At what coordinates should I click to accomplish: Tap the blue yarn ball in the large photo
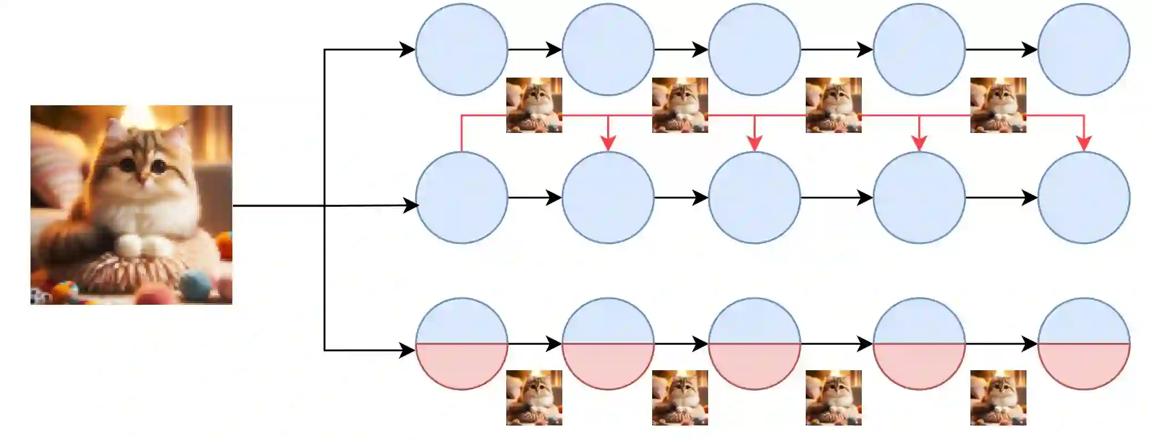click(196, 284)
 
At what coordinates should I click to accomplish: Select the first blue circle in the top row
click(461, 49)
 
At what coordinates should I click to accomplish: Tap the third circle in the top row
click(754, 49)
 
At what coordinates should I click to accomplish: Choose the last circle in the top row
click(1084, 49)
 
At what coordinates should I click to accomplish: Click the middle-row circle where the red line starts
click(461, 197)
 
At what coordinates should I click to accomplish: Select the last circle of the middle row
click(1084, 197)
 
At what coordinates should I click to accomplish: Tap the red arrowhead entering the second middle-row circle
click(608, 144)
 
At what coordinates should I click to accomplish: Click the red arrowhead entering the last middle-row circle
click(1084, 144)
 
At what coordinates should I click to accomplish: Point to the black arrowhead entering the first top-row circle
click(408, 50)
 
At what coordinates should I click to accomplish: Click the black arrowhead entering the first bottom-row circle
click(408, 350)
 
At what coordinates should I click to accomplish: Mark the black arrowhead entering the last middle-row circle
click(1030, 198)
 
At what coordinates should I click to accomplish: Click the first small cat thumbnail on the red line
click(534, 105)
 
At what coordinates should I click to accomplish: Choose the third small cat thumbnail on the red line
click(833, 105)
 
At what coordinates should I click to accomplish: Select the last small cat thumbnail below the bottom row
click(998, 398)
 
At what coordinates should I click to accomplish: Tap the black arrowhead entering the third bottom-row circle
click(700, 344)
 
